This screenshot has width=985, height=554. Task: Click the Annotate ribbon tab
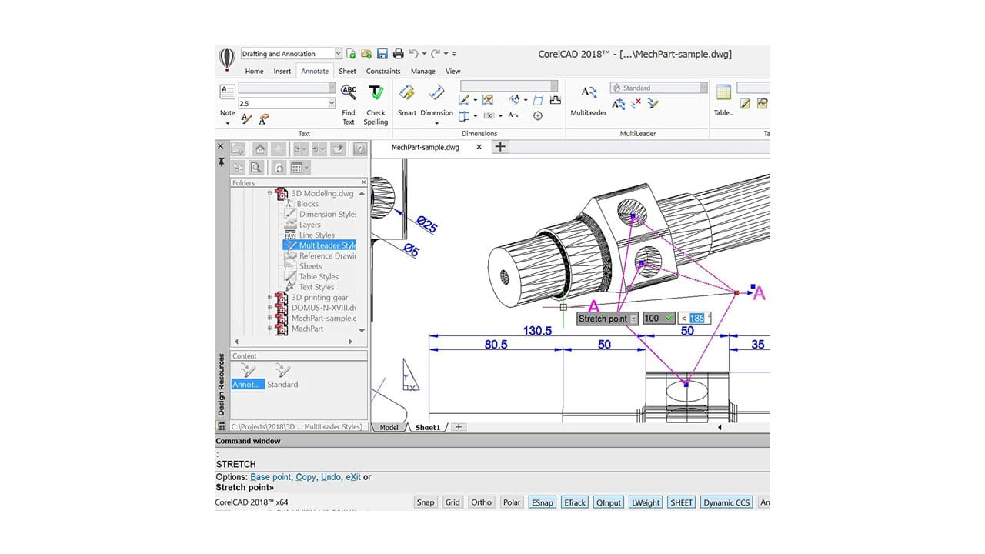click(x=315, y=71)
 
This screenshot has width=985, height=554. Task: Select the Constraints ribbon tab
click(x=382, y=71)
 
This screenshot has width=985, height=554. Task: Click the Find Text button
click(x=349, y=104)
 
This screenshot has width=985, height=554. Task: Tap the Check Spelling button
click(x=376, y=104)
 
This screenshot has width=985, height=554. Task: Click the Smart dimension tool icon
click(x=407, y=94)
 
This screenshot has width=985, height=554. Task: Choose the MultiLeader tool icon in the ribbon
click(x=589, y=94)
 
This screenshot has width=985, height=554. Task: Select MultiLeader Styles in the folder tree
click(x=326, y=245)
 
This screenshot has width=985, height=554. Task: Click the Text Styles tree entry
click(x=316, y=287)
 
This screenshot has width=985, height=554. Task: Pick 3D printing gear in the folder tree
click(x=319, y=297)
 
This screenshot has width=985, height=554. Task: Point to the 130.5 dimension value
click(x=537, y=331)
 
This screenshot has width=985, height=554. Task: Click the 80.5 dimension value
click(x=496, y=345)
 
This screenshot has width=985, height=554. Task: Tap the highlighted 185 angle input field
click(x=697, y=319)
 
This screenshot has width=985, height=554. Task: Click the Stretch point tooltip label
click(x=603, y=319)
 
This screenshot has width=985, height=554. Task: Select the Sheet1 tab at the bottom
click(x=428, y=427)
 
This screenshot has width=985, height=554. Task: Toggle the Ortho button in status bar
click(x=481, y=502)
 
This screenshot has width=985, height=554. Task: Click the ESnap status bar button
click(x=542, y=502)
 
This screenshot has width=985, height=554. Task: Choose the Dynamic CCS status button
click(x=726, y=502)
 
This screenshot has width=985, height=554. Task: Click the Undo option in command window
click(x=330, y=477)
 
